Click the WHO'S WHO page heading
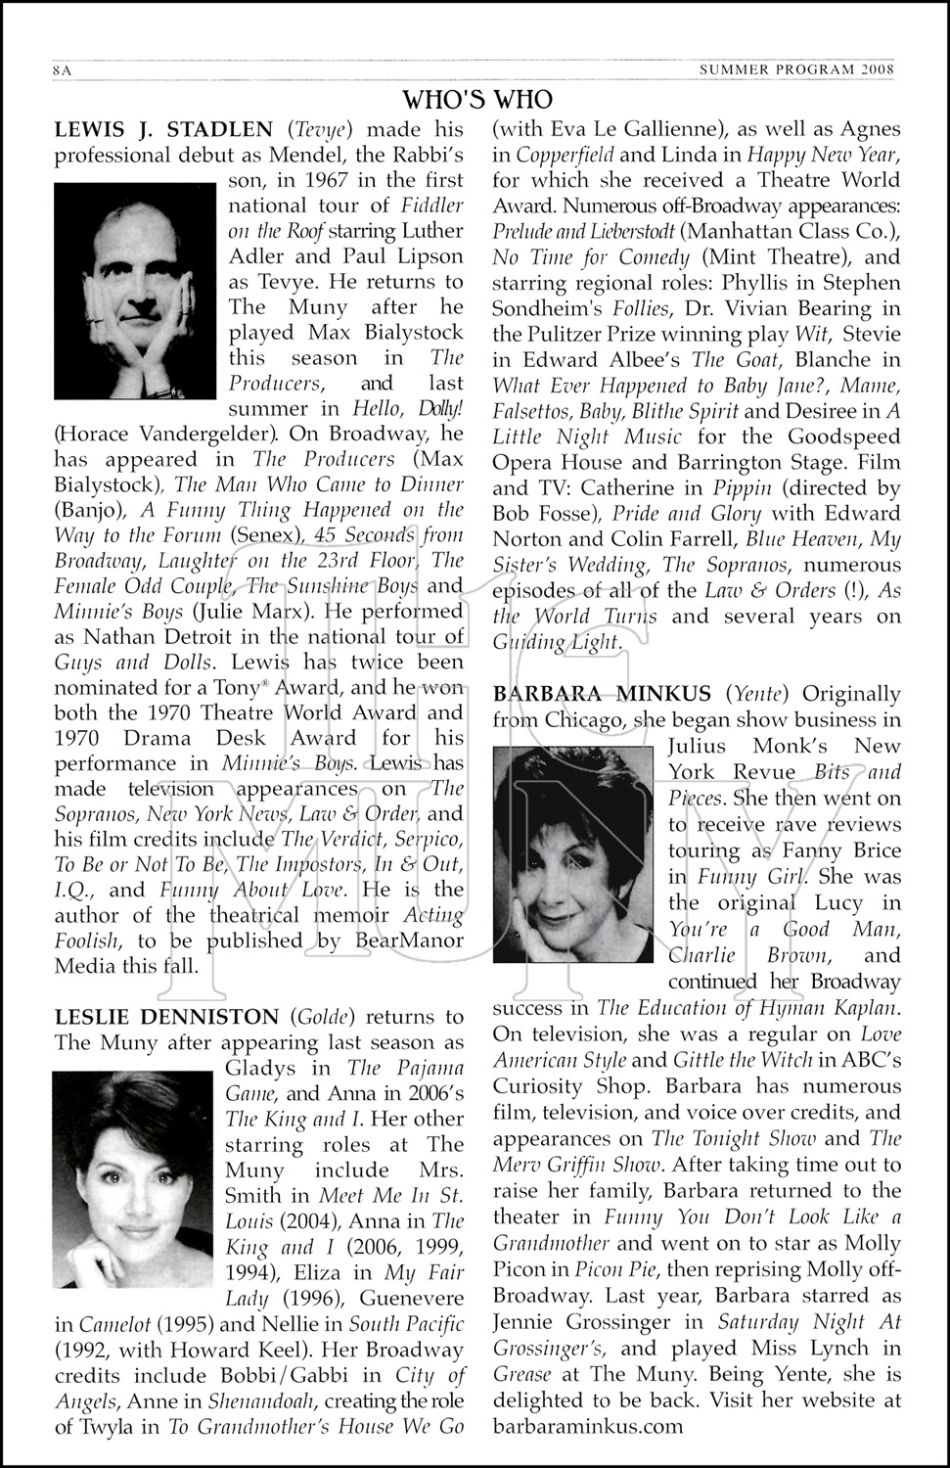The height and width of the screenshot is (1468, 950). point(477,100)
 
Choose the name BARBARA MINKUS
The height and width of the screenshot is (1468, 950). point(602,694)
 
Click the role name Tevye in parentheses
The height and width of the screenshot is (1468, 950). point(319,129)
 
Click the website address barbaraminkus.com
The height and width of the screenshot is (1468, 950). point(588,1425)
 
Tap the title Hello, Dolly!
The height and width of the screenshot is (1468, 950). point(404,408)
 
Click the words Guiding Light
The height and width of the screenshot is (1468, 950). point(557,643)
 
